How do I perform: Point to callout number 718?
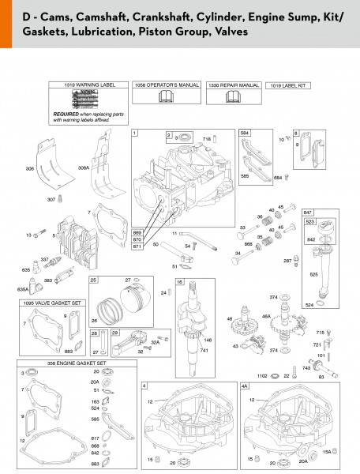coord(208,139)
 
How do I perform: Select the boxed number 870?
coord(138,239)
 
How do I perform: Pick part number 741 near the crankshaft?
coord(205,349)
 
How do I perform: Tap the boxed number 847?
coord(307,213)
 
